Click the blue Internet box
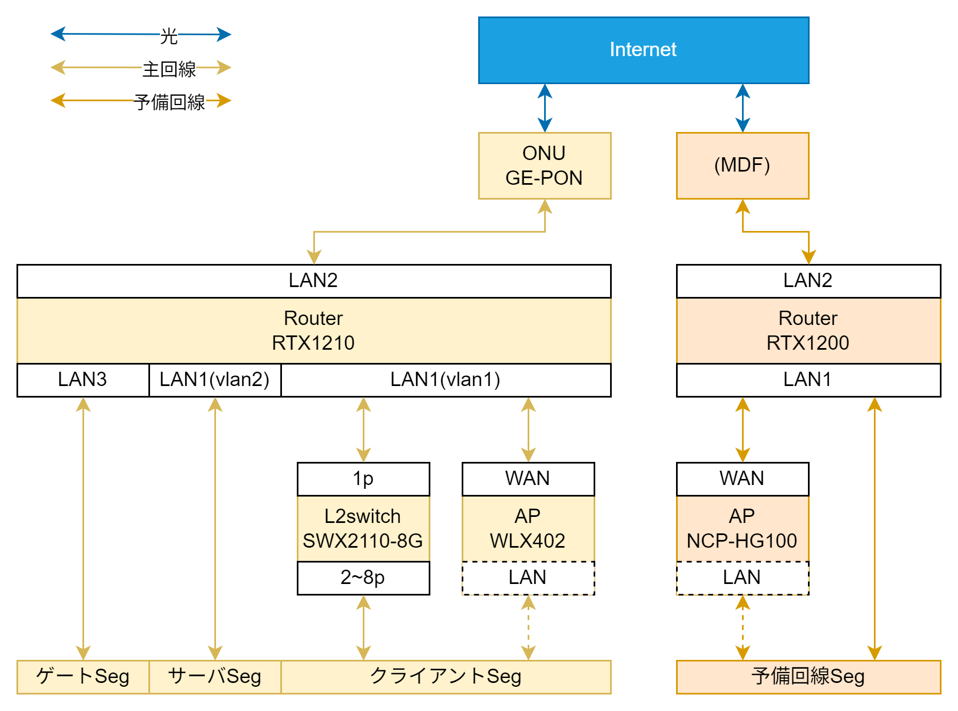point(643,50)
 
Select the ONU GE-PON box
point(544,166)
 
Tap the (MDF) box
point(742,166)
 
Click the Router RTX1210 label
point(313,330)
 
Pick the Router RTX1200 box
point(808,330)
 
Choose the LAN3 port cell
point(82,379)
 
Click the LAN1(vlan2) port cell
point(214,379)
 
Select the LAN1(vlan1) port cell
point(445,379)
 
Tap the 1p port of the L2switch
point(363,478)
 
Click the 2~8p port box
point(363,577)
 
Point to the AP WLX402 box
point(528,528)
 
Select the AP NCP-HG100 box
point(742,528)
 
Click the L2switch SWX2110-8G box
point(363,528)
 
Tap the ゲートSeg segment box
point(82,676)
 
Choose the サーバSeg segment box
point(214,676)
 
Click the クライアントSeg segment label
point(445,676)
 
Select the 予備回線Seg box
point(808,676)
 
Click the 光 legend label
point(169,36)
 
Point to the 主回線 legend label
point(169,69)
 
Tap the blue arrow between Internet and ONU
point(545,108)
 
